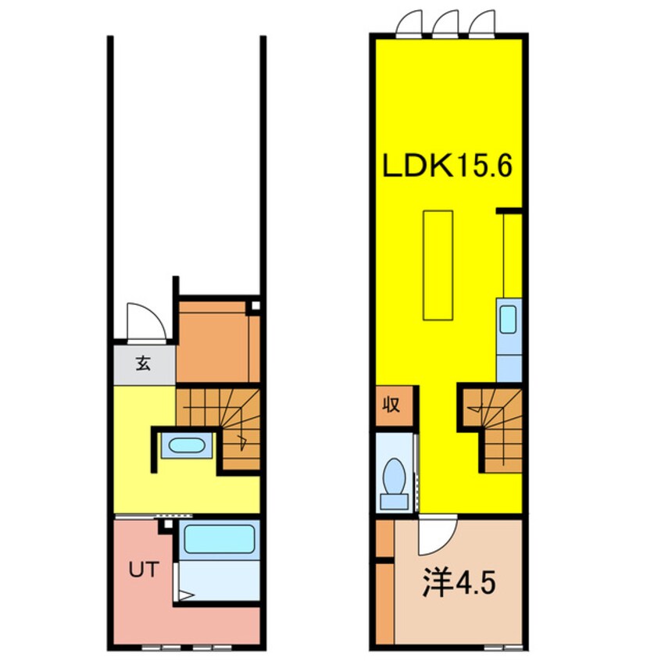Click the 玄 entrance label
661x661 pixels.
(x=144, y=363)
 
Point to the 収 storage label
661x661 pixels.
(x=391, y=406)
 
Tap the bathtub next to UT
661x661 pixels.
(x=219, y=538)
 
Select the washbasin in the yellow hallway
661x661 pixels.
(x=186, y=446)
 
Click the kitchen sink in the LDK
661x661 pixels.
(x=508, y=319)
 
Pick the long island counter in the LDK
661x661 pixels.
(x=438, y=264)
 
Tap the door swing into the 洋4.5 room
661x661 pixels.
(x=436, y=535)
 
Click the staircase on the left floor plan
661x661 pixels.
(x=223, y=426)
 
